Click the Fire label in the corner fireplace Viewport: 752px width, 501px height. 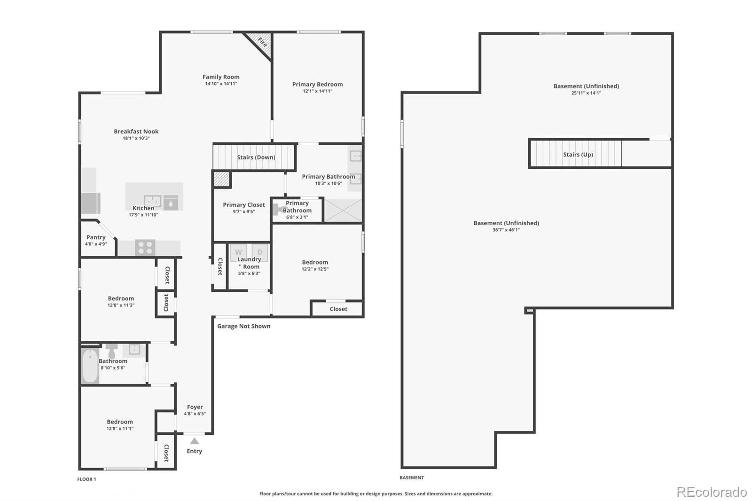pos(262,43)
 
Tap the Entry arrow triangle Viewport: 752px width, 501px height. pos(194,441)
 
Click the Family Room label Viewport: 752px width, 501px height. pos(221,77)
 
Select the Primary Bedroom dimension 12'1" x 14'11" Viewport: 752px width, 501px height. pos(317,91)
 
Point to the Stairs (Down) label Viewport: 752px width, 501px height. pos(256,157)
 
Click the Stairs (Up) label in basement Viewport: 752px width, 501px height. pos(578,155)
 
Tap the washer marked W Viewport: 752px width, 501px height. pos(238,252)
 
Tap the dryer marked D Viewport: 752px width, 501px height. pos(259,252)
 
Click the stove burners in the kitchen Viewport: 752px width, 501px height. pos(145,247)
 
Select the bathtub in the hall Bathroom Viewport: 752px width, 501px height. pos(90,365)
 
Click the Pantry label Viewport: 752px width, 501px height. pos(96,237)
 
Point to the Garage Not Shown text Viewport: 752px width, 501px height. pos(243,326)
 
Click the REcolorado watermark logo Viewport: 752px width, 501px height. pos(712,492)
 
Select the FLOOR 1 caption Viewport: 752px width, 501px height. pos(86,479)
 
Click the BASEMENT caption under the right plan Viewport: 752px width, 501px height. pos(412,478)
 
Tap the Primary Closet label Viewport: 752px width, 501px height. pos(244,205)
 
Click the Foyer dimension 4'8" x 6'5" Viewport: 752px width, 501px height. pos(195,414)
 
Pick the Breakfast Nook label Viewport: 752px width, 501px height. pos(136,132)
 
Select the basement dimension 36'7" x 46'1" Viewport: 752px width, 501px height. pos(506,230)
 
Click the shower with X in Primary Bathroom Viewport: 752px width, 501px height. pos(343,210)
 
